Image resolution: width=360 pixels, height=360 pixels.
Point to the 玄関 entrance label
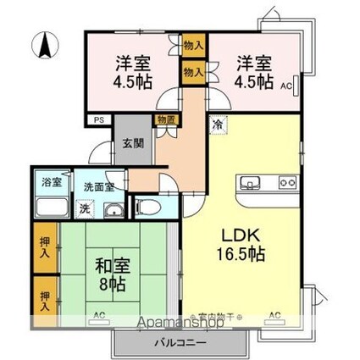(x=133, y=142)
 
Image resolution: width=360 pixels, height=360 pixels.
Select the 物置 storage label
(x=165, y=120)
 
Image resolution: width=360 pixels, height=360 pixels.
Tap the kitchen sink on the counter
(x=252, y=182)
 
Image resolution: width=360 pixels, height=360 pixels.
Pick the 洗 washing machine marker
(x=85, y=207)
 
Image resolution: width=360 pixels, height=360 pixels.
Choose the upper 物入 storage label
(x=192, y=46)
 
